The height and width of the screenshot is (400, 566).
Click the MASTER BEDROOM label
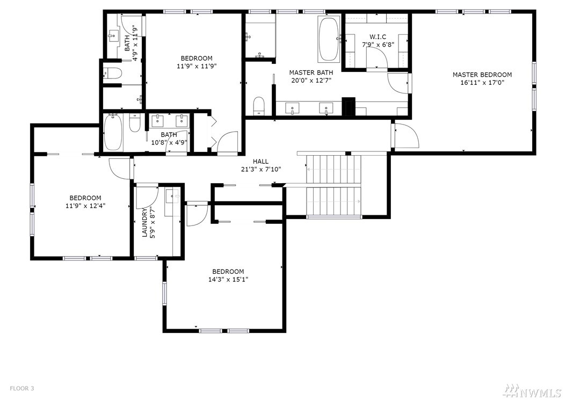[482, 75]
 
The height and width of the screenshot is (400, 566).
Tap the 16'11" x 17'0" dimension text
[482, 83]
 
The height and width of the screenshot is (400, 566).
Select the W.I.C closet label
[378, 37]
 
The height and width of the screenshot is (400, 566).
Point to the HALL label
[260, 162]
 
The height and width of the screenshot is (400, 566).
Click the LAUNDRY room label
[145, 223]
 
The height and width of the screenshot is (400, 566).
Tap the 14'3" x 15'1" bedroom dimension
[228, 279]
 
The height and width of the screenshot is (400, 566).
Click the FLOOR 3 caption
[21, 388]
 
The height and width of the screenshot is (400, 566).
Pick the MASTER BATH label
[311, 72]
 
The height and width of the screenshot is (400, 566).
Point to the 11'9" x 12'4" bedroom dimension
[85, 206]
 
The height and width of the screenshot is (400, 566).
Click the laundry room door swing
[147, 198]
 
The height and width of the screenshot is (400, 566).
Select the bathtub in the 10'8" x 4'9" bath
[113, 132]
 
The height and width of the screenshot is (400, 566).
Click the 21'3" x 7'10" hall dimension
[261, 169]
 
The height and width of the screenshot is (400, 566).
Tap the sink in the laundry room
[172, 195]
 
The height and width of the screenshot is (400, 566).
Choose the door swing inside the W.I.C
[377, 57]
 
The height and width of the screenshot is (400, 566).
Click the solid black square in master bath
[349, 106]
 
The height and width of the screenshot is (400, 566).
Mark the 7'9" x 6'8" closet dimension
[378, 45]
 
